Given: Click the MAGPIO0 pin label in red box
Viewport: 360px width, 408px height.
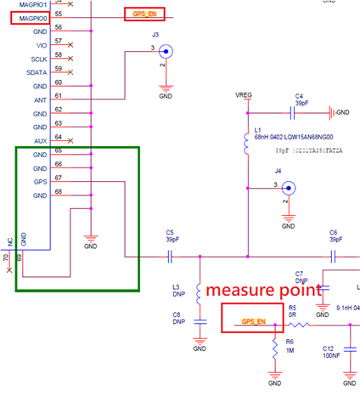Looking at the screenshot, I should click(x=29, y=17).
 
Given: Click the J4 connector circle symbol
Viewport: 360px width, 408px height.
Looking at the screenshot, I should click(x=289, y=188).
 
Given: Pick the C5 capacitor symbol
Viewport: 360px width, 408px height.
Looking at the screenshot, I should click(x=170, y=256).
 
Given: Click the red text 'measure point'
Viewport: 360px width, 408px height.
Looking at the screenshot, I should click(x=265, y=290).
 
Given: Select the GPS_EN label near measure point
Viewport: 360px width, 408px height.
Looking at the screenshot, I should click(x=254, y=322).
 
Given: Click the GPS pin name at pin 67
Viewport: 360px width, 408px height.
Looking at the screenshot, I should click(x=40, y=182).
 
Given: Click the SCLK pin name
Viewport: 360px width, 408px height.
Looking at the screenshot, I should click(x=39, y=59).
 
